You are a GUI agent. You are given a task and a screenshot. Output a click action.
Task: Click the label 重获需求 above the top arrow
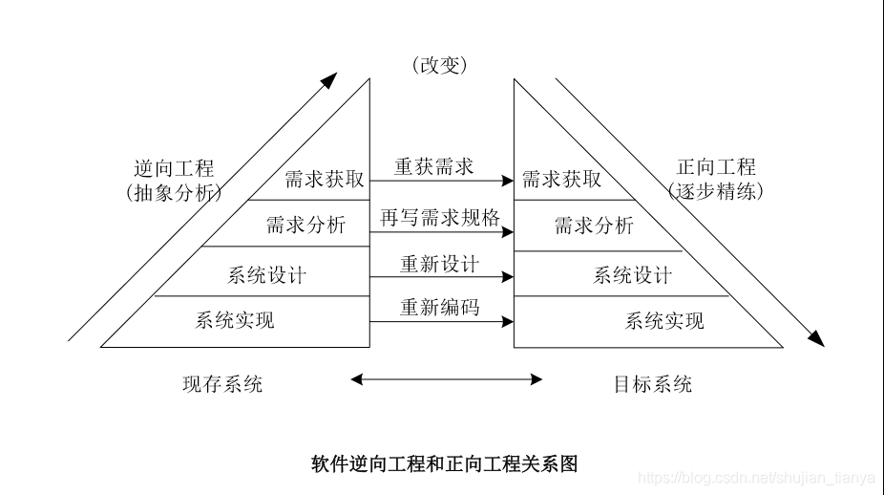(x=434, y=166)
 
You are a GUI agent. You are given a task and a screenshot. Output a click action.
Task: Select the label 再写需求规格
(x=440, y=217)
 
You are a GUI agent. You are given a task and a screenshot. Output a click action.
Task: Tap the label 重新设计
(x=439, y=263)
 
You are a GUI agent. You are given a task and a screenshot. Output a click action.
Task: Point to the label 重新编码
(x=439, y=307)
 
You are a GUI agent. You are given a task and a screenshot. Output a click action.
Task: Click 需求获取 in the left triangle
(x=324, y=179)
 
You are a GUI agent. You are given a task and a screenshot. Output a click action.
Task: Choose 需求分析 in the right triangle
(x=594, y=226)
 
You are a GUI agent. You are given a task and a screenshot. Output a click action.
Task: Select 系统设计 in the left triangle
(x=266, y=275)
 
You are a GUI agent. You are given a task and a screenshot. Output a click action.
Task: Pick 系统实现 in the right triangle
(x=664, y=320)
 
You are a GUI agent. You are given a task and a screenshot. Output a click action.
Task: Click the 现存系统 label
(x=222, y=384)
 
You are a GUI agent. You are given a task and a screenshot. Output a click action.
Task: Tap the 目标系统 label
(x=653, y=384)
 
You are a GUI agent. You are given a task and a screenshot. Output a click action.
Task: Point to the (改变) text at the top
(x=440, y=66)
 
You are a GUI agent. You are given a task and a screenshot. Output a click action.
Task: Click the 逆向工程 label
(x=174, y=169)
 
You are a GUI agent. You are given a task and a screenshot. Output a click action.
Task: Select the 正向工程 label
(x=716, y=167)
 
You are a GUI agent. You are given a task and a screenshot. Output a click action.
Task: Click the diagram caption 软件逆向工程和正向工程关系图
(x=444, y=464)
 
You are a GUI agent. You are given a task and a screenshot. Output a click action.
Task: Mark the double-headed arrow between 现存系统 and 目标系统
(x=446, y=379)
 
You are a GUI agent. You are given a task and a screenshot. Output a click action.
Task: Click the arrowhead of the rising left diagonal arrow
(x=328, y=80)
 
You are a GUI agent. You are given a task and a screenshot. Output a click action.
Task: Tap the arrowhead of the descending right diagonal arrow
(x=815, y=337)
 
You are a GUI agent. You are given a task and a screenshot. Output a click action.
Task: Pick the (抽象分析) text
(x=173, y=192)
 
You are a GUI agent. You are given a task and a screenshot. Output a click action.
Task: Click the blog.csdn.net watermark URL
(x=759, y=477)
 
